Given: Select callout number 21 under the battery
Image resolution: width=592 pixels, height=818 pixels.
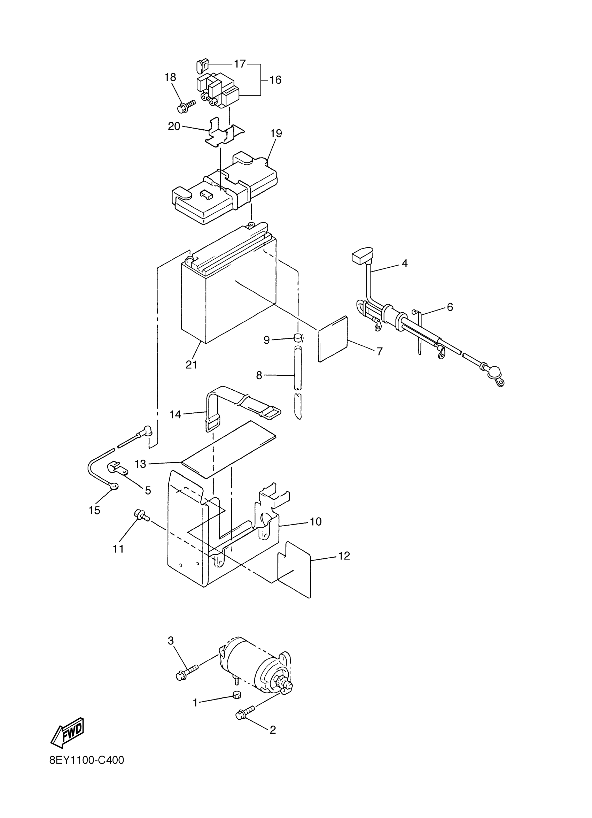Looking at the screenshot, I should (191, 365).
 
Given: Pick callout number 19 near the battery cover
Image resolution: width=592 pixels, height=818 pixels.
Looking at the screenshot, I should (276, 133).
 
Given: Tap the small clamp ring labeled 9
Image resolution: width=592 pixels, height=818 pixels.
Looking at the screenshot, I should (298, 338).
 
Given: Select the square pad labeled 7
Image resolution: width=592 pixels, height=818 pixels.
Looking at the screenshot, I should (333, 339).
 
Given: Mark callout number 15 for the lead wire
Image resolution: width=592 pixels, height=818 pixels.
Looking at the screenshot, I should (94, 510).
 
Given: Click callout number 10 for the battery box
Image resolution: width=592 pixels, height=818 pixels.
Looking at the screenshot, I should (316, 521).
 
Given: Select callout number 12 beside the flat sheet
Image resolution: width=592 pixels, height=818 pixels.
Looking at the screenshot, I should (344, 556).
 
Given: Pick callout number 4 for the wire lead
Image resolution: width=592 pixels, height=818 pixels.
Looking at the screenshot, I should (404, 263).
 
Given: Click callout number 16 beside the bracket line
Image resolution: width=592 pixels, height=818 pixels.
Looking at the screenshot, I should (275, 80).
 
